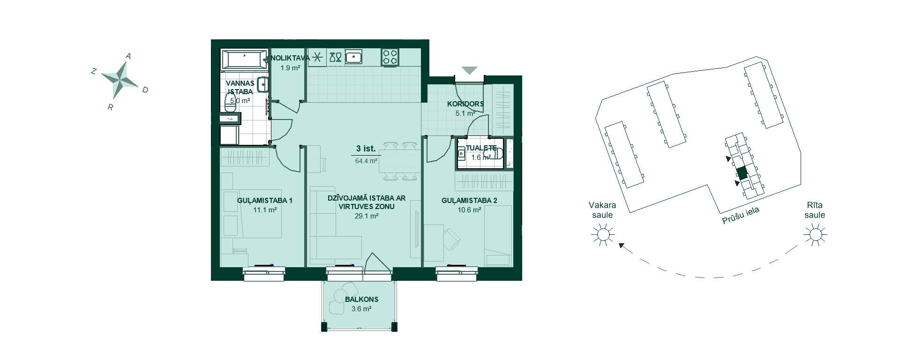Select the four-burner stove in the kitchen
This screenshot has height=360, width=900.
click(390, 57)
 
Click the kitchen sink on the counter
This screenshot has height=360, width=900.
click(354, 57)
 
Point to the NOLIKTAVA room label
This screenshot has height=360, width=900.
click(290, 58)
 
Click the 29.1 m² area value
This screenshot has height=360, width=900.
click(367, 216)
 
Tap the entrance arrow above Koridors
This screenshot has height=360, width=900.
click(469, 70)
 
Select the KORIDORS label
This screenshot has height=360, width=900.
click(465, 104)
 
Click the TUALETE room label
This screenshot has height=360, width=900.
click(481, 148)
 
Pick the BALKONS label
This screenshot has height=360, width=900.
click(361, 300)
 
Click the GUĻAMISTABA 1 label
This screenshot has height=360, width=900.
click(265, 201)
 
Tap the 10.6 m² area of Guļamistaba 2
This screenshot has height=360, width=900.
click(469, 210)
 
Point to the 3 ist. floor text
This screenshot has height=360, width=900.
click(366, 149)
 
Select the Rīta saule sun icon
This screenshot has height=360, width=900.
click(815, 233)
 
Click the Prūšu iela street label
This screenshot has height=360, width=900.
click(740, 216)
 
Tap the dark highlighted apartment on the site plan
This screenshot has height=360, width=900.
click(741, 173)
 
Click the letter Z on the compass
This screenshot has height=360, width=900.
click(94, 71)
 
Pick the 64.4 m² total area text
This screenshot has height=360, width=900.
click(367, 161)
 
